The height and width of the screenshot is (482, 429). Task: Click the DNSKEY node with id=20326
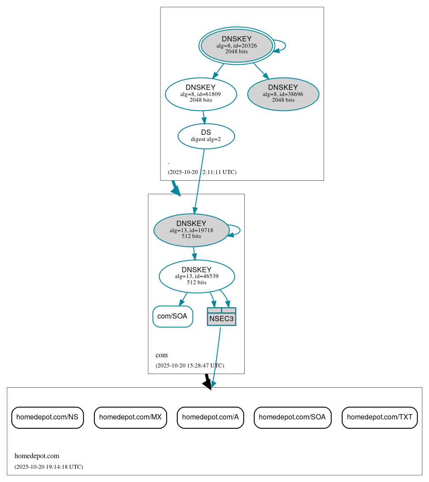coord(237,45)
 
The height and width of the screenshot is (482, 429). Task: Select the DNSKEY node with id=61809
coord(201,94)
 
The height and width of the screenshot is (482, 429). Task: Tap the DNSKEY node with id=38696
coord(283,94)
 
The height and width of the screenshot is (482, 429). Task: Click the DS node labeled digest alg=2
coord(206,136)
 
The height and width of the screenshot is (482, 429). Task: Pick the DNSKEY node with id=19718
coord(191,230)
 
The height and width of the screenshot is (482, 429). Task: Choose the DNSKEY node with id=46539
coord(197,276)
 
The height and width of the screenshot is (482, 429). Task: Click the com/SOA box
coord(172,316)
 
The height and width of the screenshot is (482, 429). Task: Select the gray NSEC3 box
coord(221,317)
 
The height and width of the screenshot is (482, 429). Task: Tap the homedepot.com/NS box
coord(47,417)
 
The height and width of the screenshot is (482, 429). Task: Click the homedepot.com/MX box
coord(130,417)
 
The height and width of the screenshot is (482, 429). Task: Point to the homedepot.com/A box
coord(210,417)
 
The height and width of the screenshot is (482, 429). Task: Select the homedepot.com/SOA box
coord(292,417)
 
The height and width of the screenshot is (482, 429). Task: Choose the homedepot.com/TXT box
coord(380,417)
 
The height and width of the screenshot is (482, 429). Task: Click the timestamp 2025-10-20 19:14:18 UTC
coord(48,467)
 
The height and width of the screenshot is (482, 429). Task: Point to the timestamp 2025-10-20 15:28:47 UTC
coord(190,366)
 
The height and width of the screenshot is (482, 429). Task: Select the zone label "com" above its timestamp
coord(161,355)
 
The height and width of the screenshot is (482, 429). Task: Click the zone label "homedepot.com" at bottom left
coord(37,456)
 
